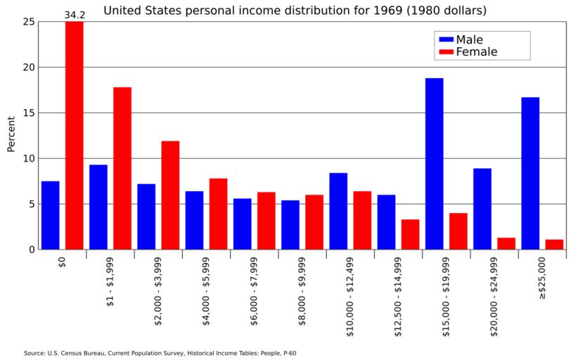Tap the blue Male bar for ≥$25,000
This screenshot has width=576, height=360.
[530, 173]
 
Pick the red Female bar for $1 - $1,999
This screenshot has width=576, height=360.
[122, 168]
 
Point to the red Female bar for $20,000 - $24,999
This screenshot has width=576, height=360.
[506, 243]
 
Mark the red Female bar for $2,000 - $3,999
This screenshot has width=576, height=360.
[170, 195]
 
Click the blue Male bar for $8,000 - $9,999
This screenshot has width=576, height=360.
[290, 224]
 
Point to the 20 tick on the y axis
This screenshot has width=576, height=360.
[28, 67]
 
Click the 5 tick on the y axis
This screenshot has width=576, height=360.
[31, 204]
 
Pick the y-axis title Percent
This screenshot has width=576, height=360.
[11, 134]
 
